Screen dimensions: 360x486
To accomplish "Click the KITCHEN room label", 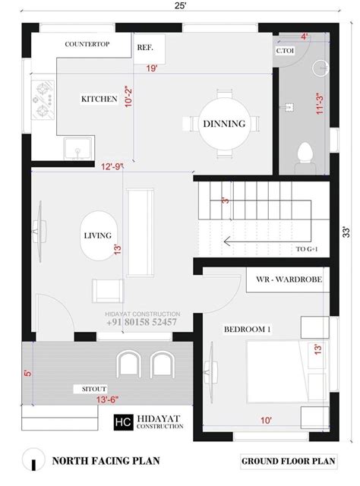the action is pos(99,99).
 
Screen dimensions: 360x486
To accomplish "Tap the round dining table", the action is pos(224,124).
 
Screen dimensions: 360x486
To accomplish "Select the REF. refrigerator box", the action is pos(149,49).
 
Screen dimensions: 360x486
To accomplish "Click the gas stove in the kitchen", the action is pos(43,99).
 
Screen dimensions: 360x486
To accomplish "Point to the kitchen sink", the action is pos(77,149).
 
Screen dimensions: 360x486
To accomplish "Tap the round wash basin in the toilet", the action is pos(321,68).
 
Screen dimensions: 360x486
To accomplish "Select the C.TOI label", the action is pos(285,51).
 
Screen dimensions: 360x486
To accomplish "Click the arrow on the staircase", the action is pos(267,241).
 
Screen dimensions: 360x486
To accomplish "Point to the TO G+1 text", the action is pos(307,249).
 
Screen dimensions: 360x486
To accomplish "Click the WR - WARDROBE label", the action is pos(289,279).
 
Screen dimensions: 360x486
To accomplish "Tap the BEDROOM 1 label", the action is pos(247,329).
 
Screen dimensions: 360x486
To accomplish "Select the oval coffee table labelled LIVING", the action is pos(99,235).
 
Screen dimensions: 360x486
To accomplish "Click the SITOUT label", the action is pos(94,389).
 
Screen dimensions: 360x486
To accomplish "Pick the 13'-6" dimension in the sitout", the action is pos(107,399).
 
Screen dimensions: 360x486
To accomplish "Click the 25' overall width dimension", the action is pos(180,5).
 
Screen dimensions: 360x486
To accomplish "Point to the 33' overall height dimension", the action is pos(346,232).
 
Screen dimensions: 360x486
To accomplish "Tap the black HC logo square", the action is pos(123,422).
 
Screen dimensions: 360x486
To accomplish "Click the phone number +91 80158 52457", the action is pos(142,322).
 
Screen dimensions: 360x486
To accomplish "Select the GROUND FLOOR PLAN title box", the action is pos(289,461).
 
